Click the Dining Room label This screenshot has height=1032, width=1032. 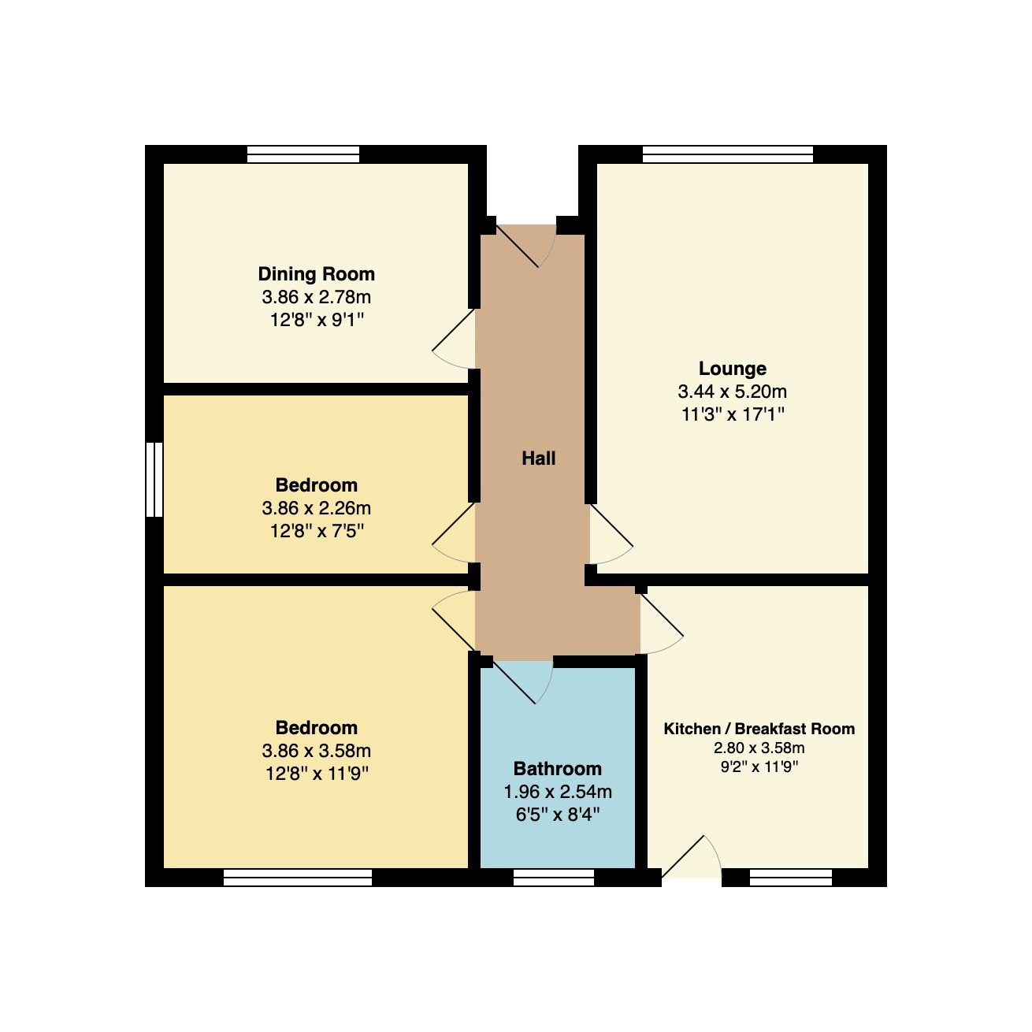point(316,274)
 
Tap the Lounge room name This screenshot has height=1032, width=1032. point(732,369)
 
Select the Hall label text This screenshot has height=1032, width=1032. point(538,458)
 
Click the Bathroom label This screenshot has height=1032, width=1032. point(557,769)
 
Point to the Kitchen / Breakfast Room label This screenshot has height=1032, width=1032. point(759,729)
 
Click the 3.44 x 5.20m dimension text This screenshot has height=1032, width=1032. point(732,392)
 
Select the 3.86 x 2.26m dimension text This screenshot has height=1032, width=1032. point(316,508)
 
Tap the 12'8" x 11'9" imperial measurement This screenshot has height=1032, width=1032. point(316,774)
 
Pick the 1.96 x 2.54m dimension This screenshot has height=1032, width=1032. point(557,792)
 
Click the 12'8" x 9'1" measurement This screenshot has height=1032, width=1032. point(316,321)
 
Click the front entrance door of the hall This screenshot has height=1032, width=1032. point(525,244)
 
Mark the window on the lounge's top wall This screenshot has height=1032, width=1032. point(727,154)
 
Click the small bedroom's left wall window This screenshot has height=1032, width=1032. point(154,479)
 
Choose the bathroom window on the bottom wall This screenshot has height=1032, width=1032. point(553,878)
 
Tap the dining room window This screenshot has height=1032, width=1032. point(303,154)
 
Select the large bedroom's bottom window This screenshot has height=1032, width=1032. point(297,878)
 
